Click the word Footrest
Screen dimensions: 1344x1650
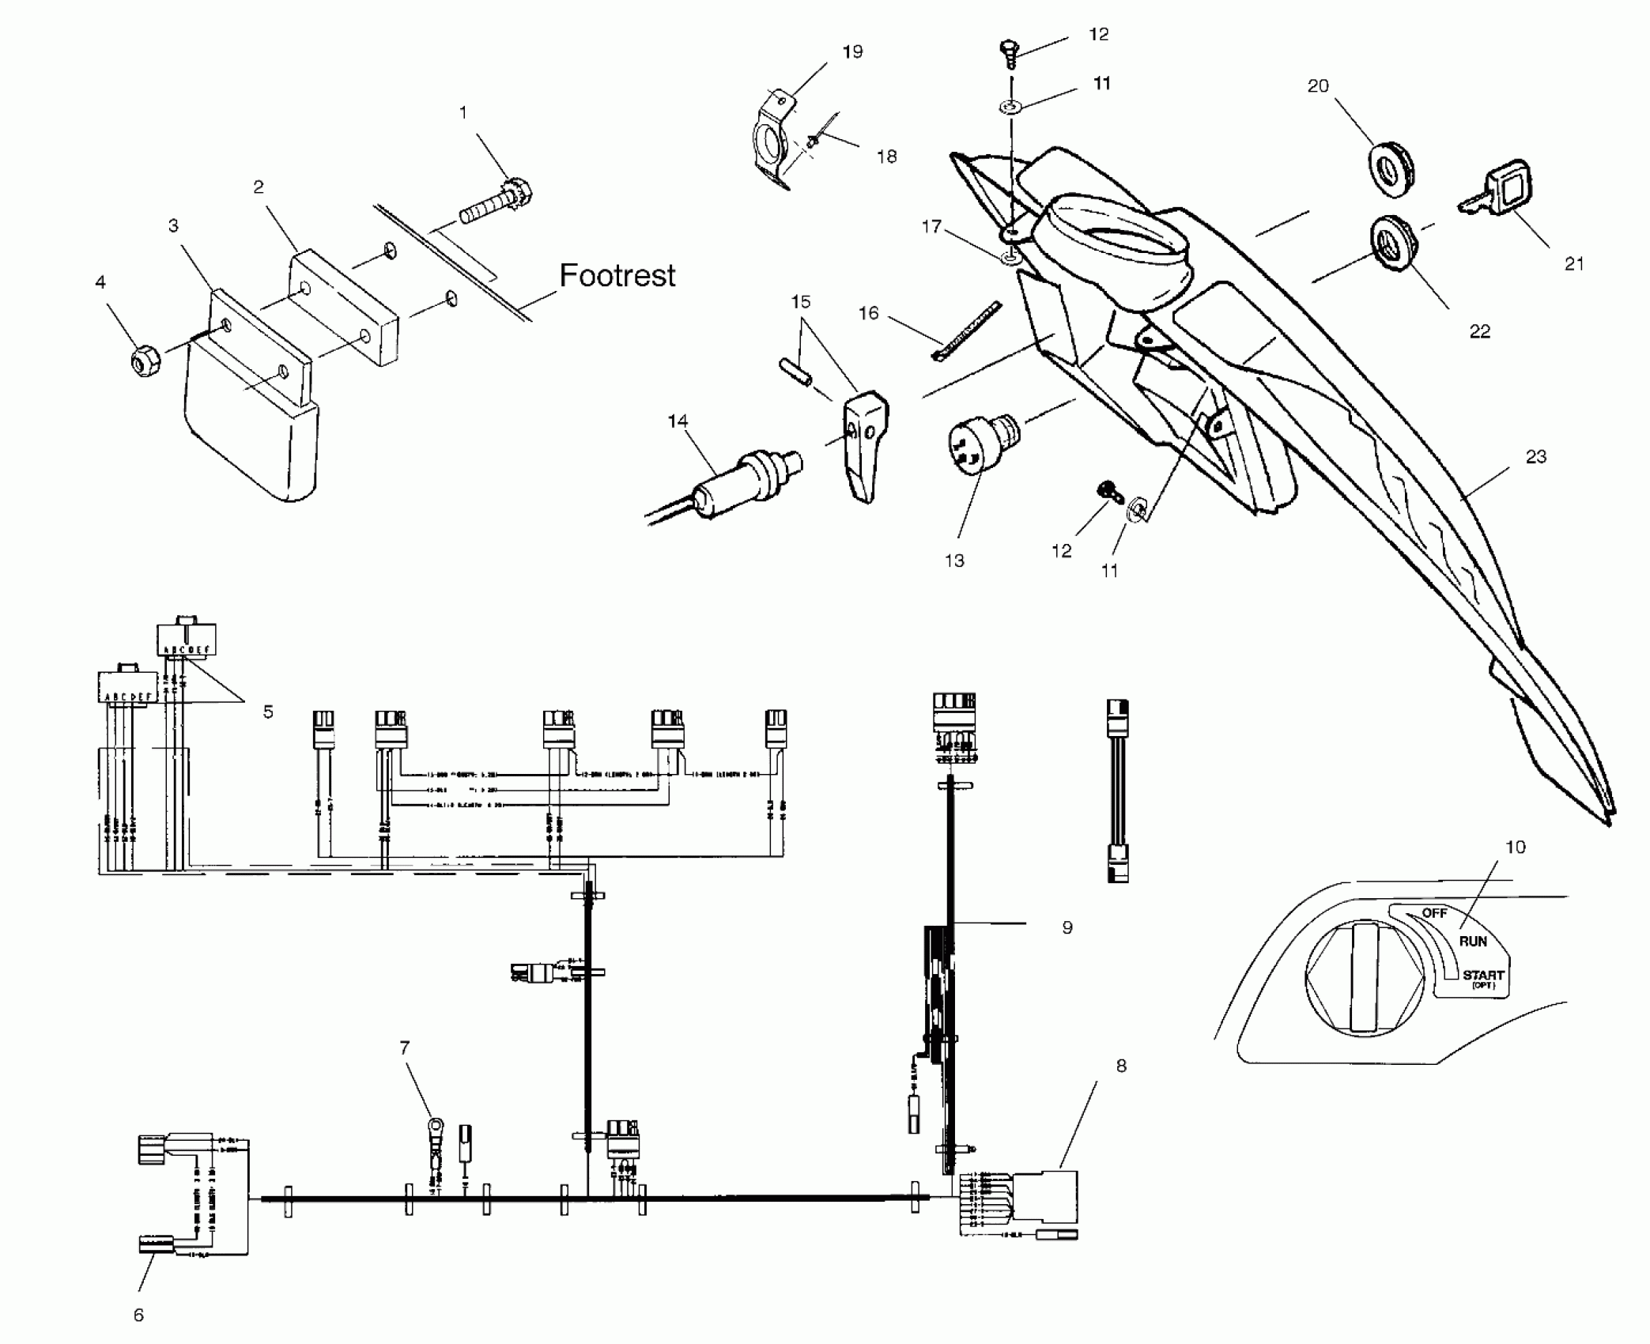[x=617, y=276]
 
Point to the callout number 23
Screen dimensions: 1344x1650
[x=1535, y=456]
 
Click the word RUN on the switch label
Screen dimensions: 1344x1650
[x=1473, y=941]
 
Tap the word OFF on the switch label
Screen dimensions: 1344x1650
[x=1434, y=913]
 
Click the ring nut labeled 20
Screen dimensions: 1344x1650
[x=1391, y=168]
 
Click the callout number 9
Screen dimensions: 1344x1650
[x=1067, y=927]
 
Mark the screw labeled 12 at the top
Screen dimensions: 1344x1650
[x=1005, y=51]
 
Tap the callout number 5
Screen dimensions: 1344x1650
[x=268, y=712]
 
